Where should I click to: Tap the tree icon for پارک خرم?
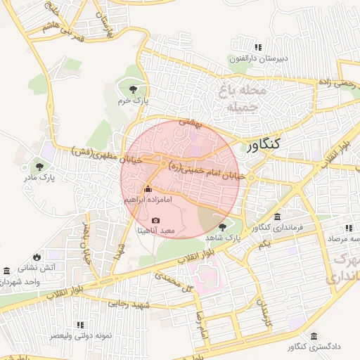pos(133,89)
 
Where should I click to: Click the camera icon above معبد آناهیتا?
pos(155,221)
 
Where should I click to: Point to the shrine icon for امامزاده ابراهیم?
pos(148,190)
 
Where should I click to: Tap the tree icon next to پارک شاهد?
pos(223,226)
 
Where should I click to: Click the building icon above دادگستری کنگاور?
pos(313,336)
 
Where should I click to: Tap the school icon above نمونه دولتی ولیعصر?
pos(81,325)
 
